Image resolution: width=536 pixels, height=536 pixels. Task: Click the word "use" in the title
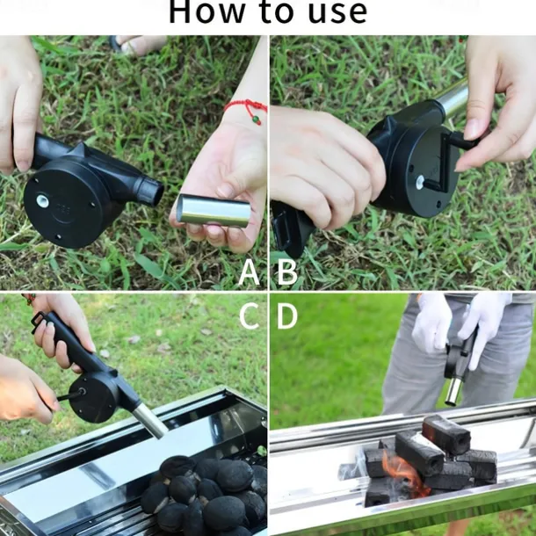click(335, 12)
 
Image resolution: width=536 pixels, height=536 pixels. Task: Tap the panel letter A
click(250, 273)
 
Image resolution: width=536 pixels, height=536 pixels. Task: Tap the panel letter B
click(287, 273)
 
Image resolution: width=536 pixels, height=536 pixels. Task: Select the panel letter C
click(250, 316)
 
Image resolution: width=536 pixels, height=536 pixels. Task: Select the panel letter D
click(287, 316)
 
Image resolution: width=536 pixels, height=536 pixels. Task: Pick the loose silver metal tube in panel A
click(213, 211)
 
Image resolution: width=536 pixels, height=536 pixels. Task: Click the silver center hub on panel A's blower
click(42, 200)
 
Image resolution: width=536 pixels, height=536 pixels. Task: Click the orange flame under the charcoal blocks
click(405, 475)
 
